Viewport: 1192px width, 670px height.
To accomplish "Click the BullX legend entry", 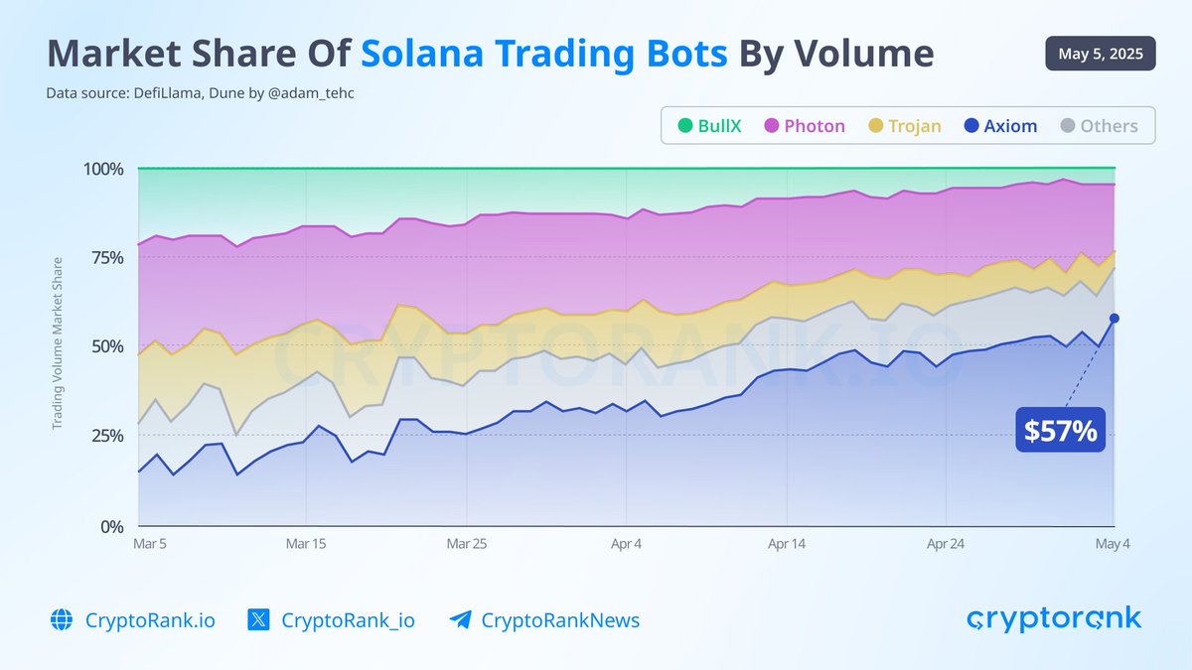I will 709,126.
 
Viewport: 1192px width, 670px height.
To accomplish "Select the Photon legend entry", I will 805,126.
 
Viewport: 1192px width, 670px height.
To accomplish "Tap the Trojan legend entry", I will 904,126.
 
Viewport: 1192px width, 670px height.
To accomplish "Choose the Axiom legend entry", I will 1000,126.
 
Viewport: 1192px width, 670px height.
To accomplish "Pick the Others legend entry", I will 1098,126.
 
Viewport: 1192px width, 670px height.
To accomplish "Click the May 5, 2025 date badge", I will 1100,54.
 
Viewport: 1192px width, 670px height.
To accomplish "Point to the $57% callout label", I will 1061,432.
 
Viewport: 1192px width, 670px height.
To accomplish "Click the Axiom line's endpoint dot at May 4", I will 1115,318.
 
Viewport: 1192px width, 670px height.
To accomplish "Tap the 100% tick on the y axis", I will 101,169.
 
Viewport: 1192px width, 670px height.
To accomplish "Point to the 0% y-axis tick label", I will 110,526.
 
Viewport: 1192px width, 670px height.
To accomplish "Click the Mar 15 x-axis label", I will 305,544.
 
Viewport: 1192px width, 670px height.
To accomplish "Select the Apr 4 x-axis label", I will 626,544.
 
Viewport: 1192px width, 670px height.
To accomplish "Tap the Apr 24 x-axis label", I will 946,544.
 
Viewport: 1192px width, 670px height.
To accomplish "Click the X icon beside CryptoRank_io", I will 259,620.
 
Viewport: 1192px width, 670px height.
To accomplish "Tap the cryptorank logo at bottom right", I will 1054,618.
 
